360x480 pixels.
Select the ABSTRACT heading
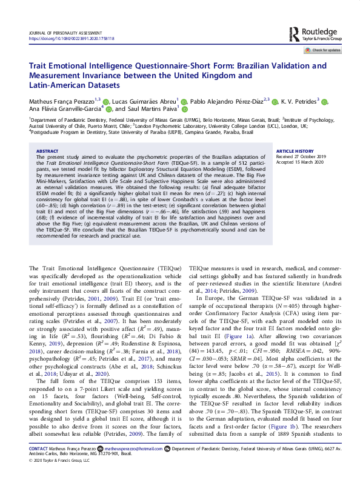pyautogui.click(x=48, y=151)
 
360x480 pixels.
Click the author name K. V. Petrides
pyautogui.click(x=299, y=101)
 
